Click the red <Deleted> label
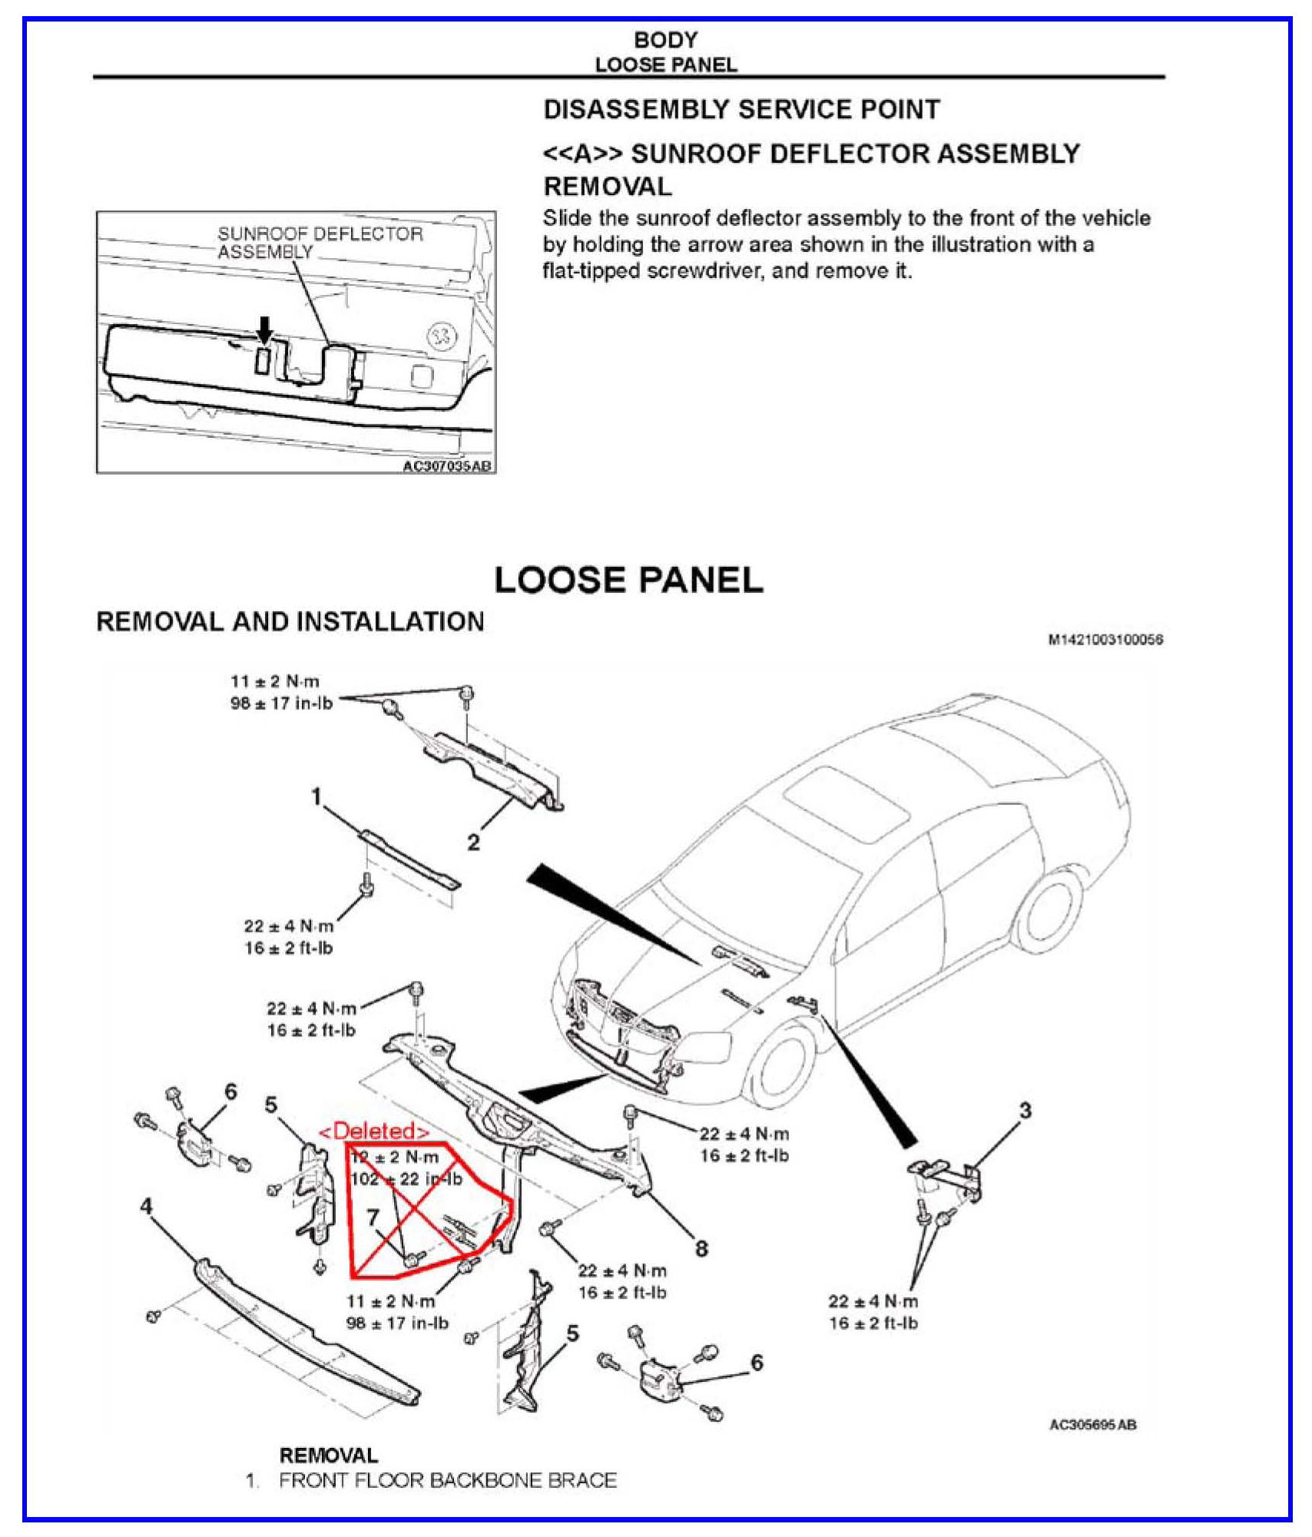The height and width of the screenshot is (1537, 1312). (x=374, y=1131)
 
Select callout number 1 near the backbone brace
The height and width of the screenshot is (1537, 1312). (x=316, y=797)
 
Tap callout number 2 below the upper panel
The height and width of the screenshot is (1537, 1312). (x=473, y=843)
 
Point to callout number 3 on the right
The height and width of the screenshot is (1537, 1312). (x=1025, y=1111)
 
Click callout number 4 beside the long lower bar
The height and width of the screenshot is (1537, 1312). (x=146, y=1207)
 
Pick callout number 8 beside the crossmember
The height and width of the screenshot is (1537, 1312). (x=701, y=1248)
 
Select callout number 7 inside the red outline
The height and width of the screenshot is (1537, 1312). (x=373, y=1217)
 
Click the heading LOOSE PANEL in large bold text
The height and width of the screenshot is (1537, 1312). (x=628, y=580)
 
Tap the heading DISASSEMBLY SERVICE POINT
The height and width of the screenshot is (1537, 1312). (x=741, y=110)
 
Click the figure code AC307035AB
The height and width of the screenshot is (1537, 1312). (x=447, y=466)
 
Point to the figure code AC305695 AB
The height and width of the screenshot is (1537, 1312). (x=1092, y=1426)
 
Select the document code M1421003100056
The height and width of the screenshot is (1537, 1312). (x=1105, y=639)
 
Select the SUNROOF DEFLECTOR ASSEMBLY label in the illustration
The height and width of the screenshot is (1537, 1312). (x=320, y=243)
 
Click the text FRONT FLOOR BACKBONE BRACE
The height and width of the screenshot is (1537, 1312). (x=448, y=1481)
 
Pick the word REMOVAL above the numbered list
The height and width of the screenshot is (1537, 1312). (x=329, y=1456)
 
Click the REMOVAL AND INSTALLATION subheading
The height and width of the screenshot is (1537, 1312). (x=290, y=621)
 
